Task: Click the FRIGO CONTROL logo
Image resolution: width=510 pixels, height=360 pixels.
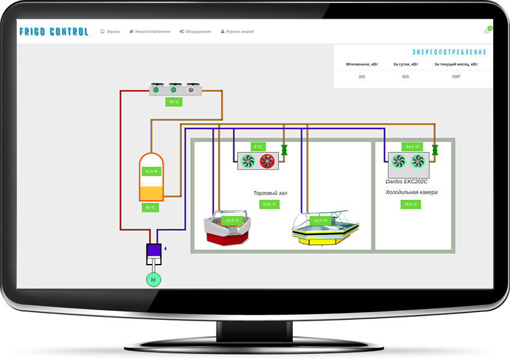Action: click(x=53, y=32)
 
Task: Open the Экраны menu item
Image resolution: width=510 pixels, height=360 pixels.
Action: click(x=110, y=32)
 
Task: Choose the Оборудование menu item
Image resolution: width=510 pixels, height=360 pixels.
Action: click(x=196, y=32)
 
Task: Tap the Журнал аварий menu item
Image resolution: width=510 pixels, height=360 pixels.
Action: click(x=238, y=32)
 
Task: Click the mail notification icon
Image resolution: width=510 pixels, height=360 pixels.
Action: click(x=487, y=31)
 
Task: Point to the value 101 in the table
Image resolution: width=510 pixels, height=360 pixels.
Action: click(x=362, y=77)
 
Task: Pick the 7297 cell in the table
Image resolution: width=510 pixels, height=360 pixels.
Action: click(x=456, y=77)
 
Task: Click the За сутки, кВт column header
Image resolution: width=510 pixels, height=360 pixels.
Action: click(x=406, y=64)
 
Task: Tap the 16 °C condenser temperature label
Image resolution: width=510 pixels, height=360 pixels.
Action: click(x=173, y=102)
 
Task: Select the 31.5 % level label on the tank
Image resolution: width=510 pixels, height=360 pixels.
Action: click(x=151, y=172)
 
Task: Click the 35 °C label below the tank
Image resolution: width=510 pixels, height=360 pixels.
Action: click(x=150, y=208)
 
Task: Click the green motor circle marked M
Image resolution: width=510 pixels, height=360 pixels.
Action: click(x=153, y=280)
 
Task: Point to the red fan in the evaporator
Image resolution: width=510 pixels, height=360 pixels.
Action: click(x=267, y=161)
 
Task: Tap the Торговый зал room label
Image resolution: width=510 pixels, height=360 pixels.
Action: click(x=271, y=193)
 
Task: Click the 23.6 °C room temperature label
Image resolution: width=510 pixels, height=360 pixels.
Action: click(x=269, y=205)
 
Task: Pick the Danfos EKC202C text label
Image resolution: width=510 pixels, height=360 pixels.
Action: click(x=407, y=181)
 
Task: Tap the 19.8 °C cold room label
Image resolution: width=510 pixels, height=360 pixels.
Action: click(x=410, y=205)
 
